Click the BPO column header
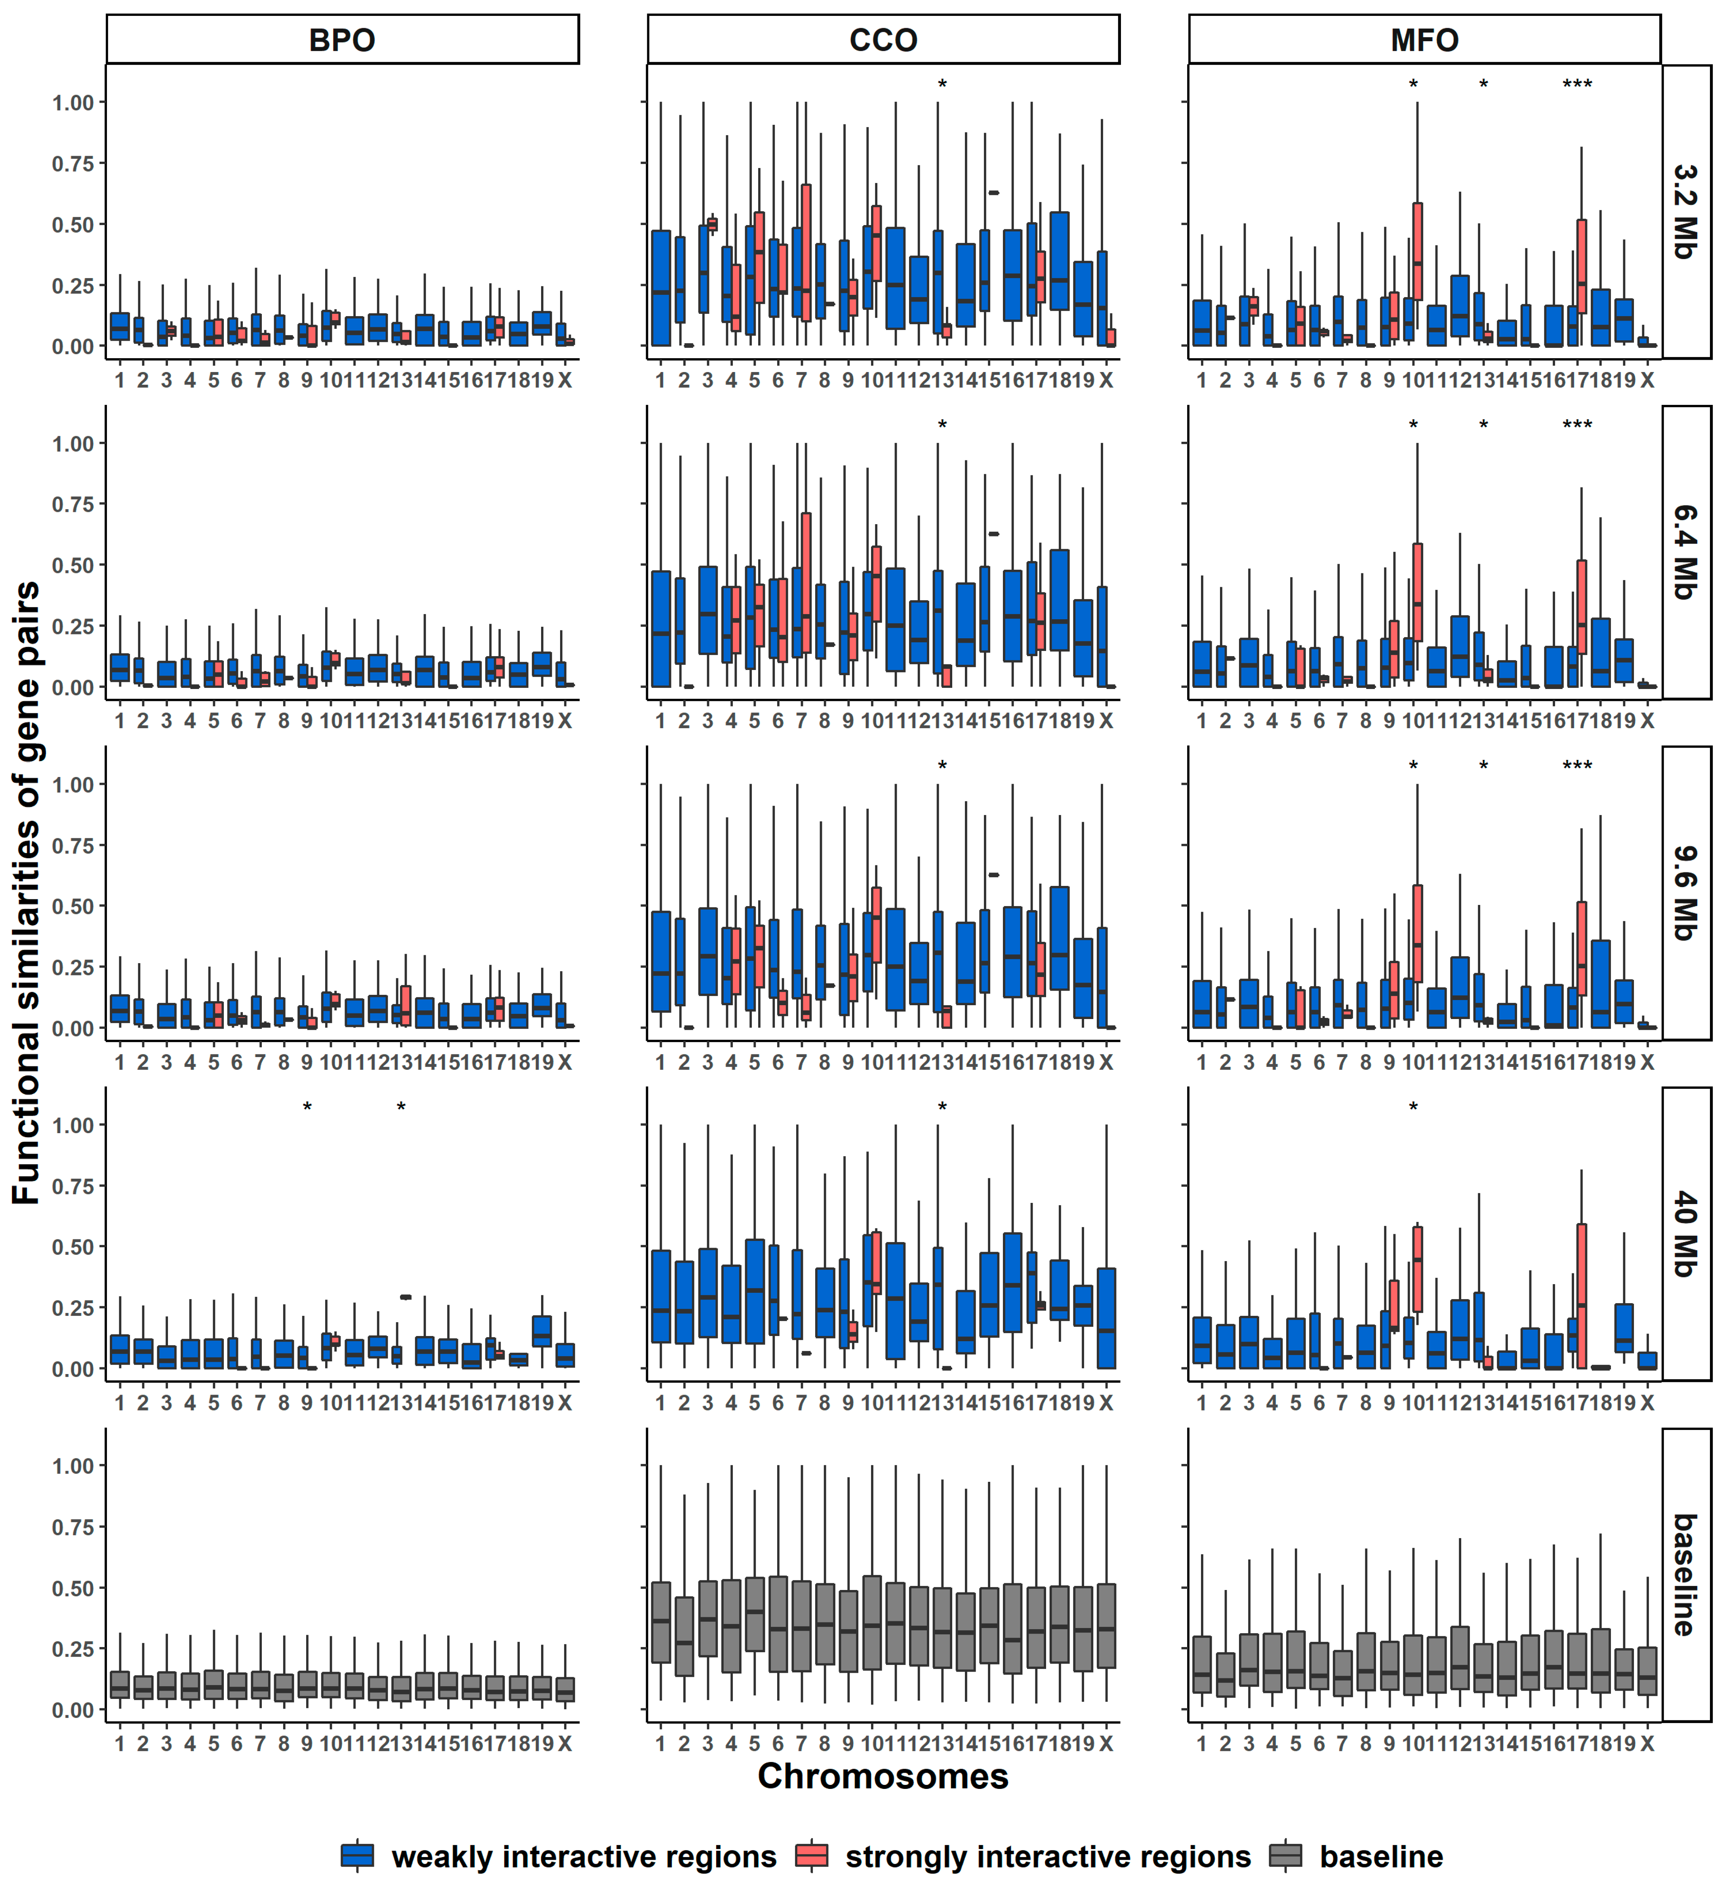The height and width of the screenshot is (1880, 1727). click(342, 40)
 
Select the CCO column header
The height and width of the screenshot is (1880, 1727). click(883, 40)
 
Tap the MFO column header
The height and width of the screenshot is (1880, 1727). click(1424, 40)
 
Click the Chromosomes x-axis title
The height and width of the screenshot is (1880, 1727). click(883, 1776)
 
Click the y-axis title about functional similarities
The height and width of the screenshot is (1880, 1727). click(26, 893)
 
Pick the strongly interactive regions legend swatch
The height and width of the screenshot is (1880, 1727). click(811, 1856)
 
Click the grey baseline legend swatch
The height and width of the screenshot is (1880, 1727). click(1286, 1856)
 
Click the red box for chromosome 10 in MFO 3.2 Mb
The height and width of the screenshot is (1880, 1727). click(1418, 250)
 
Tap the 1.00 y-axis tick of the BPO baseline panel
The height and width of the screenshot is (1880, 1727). click(73, 1466)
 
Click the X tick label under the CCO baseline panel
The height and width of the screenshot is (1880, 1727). click(1106, 1744)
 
